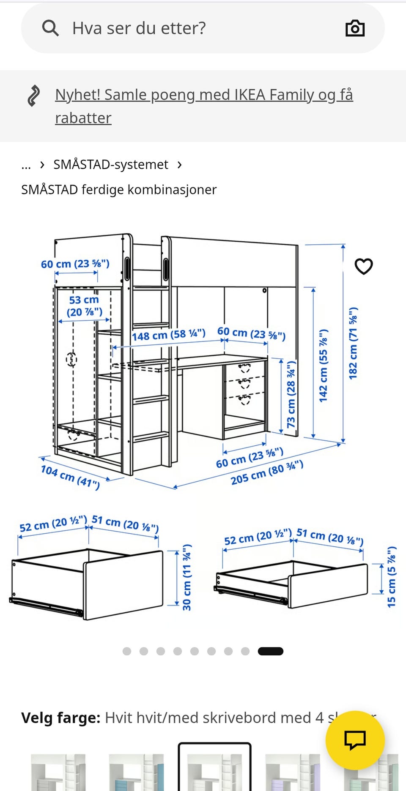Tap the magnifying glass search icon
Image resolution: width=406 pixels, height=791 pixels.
click(50, 28)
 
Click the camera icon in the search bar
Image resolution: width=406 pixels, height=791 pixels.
click(355, 28)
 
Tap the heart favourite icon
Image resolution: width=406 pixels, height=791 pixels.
click(364, 266)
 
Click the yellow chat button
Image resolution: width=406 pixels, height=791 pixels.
click(355, 740)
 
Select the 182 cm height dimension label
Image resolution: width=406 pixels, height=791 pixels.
click(353, 343)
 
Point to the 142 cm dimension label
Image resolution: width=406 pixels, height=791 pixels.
click(323, 365)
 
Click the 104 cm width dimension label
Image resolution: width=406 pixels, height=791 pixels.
click(70, 477)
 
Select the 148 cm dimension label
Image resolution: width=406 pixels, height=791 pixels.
click(169, 335)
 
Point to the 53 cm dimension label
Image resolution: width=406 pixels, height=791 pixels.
click(85, 306)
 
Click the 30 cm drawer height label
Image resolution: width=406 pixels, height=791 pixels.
click(187, 577)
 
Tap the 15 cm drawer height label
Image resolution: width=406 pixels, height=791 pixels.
click(392, 577)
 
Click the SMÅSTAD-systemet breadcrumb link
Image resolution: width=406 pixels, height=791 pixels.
click(111, 164)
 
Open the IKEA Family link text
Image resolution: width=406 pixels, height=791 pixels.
click(204, 106)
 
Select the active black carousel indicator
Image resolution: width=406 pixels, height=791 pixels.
click(271, 651)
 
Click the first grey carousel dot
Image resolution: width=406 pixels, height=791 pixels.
click(126, 651)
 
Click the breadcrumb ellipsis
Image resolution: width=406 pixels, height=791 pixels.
click(26, 165)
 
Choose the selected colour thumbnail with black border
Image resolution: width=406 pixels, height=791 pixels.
click(214, 766)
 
